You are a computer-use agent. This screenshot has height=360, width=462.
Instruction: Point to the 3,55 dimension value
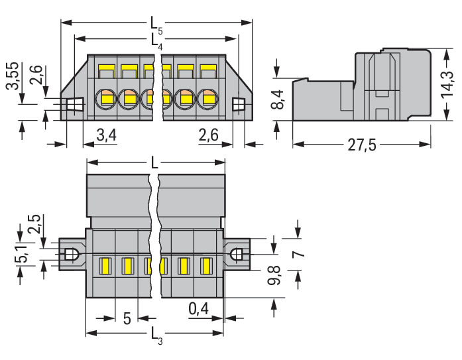tap(11, 80)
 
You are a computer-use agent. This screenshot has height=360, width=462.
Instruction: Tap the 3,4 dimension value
tap(106, 135)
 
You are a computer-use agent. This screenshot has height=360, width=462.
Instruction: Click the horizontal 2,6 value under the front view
tap(209, 135)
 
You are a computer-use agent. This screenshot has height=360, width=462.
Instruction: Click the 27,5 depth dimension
tap(362, 147)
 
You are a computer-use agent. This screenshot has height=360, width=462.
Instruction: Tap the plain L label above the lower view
tap(154, 162)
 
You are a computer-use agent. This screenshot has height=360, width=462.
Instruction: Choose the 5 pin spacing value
tap(126, 318)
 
